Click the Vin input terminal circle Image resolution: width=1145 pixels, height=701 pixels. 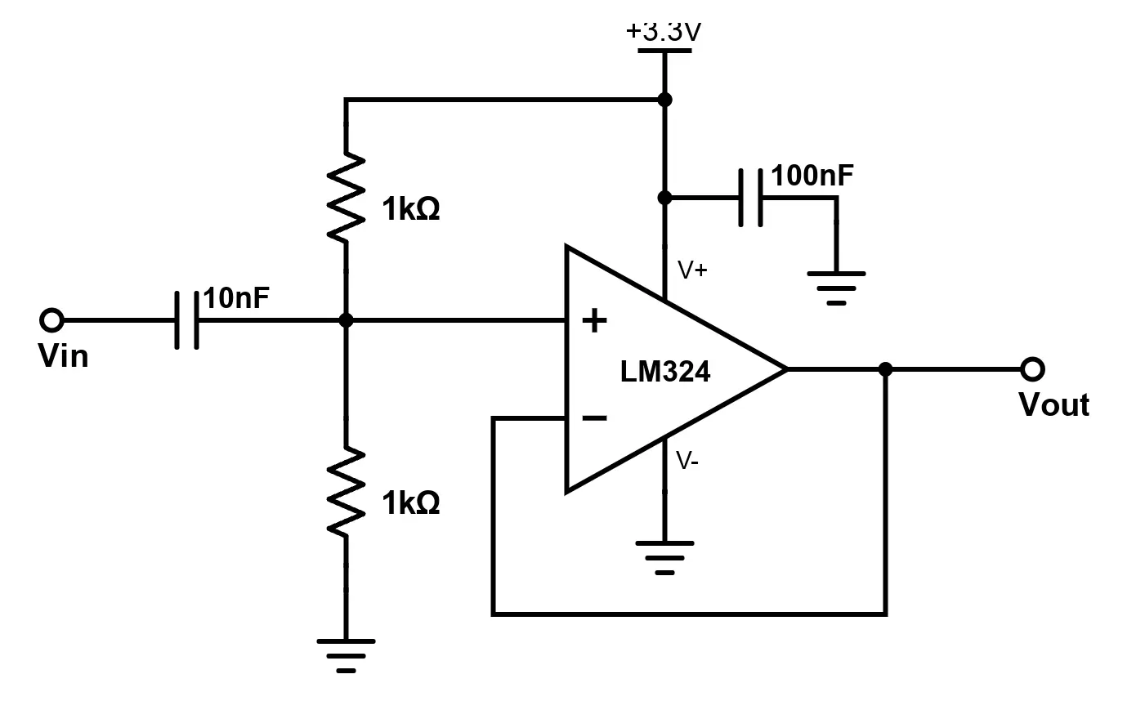click(51, 320)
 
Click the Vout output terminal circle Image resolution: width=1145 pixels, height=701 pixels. click(1032, 369)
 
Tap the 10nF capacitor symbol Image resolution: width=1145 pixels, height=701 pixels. click(187, 320)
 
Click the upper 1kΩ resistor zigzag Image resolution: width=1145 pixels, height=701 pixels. click(346, 196)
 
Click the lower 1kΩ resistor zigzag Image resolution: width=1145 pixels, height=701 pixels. click(346, 491)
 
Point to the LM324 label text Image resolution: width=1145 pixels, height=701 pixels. click(664, 372)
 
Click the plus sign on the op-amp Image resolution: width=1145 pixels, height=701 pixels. click(594, 321)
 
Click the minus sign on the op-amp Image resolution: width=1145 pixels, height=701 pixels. click(594, 418)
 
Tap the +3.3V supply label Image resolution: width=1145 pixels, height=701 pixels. click(664, 33)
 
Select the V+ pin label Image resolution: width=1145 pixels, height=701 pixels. click(691, 270)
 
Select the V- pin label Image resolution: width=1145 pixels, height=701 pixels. click(687, 462)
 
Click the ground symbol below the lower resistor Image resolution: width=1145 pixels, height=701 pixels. click(346, 654)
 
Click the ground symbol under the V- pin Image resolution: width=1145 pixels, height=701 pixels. click(665, 556)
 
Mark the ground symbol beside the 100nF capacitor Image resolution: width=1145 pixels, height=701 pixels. click(836, 287)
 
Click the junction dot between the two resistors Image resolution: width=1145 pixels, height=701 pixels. click(346, 320)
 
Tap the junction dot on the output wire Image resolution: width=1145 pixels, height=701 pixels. click(885, 369)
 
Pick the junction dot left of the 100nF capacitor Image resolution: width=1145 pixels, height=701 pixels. click(665, 198)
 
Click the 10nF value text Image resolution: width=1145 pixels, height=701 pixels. click(236, 298)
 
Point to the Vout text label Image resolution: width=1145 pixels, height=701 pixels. click(1053, 405)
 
